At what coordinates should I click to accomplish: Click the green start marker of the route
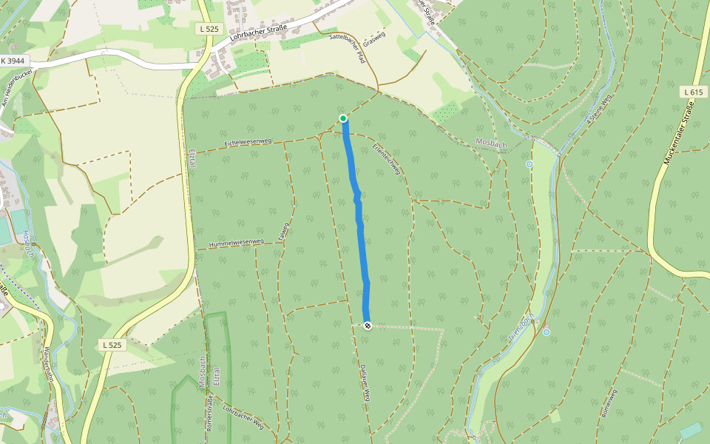[x=343, y=118]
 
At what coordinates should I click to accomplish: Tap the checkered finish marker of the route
[x=368, y=325]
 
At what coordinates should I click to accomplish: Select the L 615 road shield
[x=692, y=92]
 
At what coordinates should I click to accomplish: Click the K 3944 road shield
[x=13, y=61]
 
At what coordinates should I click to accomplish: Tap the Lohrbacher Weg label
[x=243, y=419]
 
